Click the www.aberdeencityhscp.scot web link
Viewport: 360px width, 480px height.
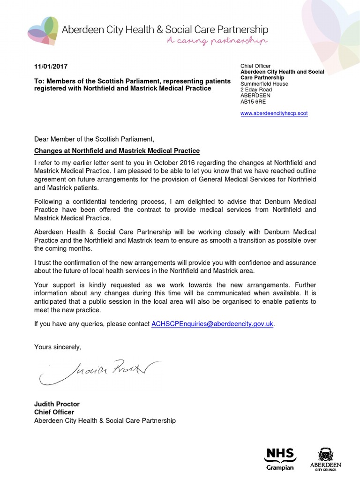(x=274, y=113)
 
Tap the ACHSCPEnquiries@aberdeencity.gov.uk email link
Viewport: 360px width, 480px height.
(x=212, y=324)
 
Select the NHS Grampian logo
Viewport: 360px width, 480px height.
(x=280, y=458)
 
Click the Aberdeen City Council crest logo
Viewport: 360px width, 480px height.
(x=325, y=458)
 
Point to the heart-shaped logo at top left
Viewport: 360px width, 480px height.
(x=43, y=30)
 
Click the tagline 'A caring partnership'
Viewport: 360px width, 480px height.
(x=217, y=41)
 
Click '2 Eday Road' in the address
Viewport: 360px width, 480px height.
(x=256, y=90)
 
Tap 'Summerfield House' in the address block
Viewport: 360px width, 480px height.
(x=264, y=84)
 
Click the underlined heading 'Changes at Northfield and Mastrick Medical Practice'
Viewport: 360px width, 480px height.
(x=117, y=151)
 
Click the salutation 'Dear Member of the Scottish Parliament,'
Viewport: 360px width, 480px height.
(x=94, y=139)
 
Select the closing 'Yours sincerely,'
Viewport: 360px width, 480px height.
(x=58, y=347)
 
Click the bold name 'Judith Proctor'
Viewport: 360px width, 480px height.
(x=57, y=404)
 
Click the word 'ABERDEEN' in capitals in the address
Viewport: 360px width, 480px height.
(x=255, y=96)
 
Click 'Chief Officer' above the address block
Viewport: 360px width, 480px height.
(x=255, y=66)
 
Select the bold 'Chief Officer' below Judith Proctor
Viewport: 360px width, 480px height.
(x=54, y=412)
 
